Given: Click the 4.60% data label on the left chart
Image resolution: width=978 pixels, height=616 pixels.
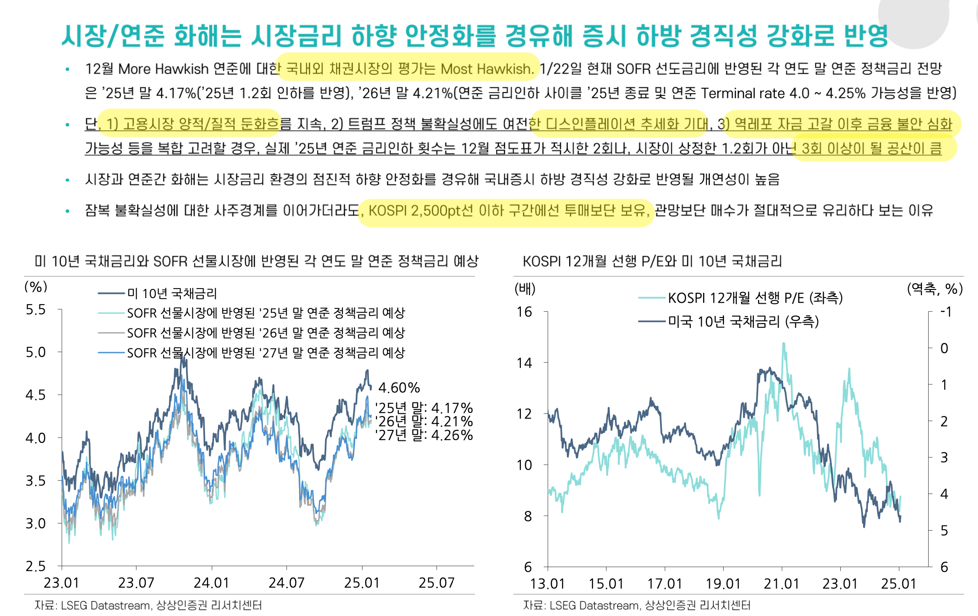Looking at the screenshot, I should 399,388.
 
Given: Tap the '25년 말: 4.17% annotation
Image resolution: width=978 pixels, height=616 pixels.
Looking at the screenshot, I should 423,408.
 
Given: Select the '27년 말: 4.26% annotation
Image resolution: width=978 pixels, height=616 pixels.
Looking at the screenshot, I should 423,435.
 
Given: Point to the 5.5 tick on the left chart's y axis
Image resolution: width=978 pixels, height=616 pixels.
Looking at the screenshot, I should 36,310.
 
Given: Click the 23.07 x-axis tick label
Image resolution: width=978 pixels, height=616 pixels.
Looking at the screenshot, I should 136,583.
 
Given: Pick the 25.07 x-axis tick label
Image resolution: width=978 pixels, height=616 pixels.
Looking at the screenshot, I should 436,583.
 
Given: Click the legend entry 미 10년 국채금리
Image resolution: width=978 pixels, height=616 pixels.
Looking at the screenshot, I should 171,294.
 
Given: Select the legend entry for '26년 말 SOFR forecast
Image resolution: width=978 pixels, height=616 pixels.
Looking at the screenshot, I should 265,333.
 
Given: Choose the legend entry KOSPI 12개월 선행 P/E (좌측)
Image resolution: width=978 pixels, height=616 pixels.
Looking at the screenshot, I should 755,298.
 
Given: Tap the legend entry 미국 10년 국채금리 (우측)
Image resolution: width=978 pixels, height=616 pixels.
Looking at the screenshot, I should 743,322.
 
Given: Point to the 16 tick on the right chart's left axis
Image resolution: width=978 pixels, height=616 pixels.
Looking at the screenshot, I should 524,312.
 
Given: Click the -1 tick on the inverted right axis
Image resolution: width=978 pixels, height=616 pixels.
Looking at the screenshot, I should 945,312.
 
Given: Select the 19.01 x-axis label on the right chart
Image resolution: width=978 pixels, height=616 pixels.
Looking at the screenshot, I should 723,584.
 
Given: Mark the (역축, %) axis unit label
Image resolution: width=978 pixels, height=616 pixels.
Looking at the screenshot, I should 934,289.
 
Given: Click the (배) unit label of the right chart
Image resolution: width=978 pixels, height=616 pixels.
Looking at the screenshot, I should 525,289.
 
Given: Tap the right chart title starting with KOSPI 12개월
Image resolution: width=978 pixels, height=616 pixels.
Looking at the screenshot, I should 652,261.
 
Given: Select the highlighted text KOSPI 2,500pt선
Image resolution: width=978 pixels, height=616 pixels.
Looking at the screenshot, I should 421,210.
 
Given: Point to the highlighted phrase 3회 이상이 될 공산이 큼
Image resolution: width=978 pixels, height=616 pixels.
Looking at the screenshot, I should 872,149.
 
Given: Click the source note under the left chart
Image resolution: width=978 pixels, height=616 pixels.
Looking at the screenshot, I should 148,606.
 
